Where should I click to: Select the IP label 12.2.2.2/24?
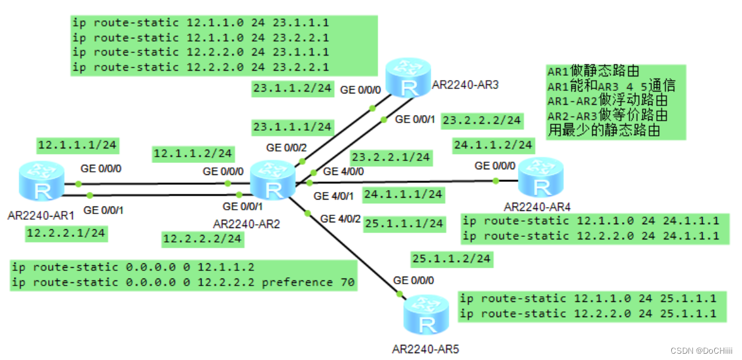click(x=202, y=238)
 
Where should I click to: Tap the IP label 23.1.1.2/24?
click(x=292, y=89)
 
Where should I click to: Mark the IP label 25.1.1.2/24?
click(x=451, y=258)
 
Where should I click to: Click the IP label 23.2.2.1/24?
click(x=391, y=157)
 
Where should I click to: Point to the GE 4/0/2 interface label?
click(x=340, y=219)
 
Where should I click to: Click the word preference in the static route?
click(x=300, y=282)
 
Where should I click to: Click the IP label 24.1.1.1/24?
click(x=403, y=194)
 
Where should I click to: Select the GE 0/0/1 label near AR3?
click(x=415, y=119)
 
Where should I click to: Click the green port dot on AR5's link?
click(x=399, y=294)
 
